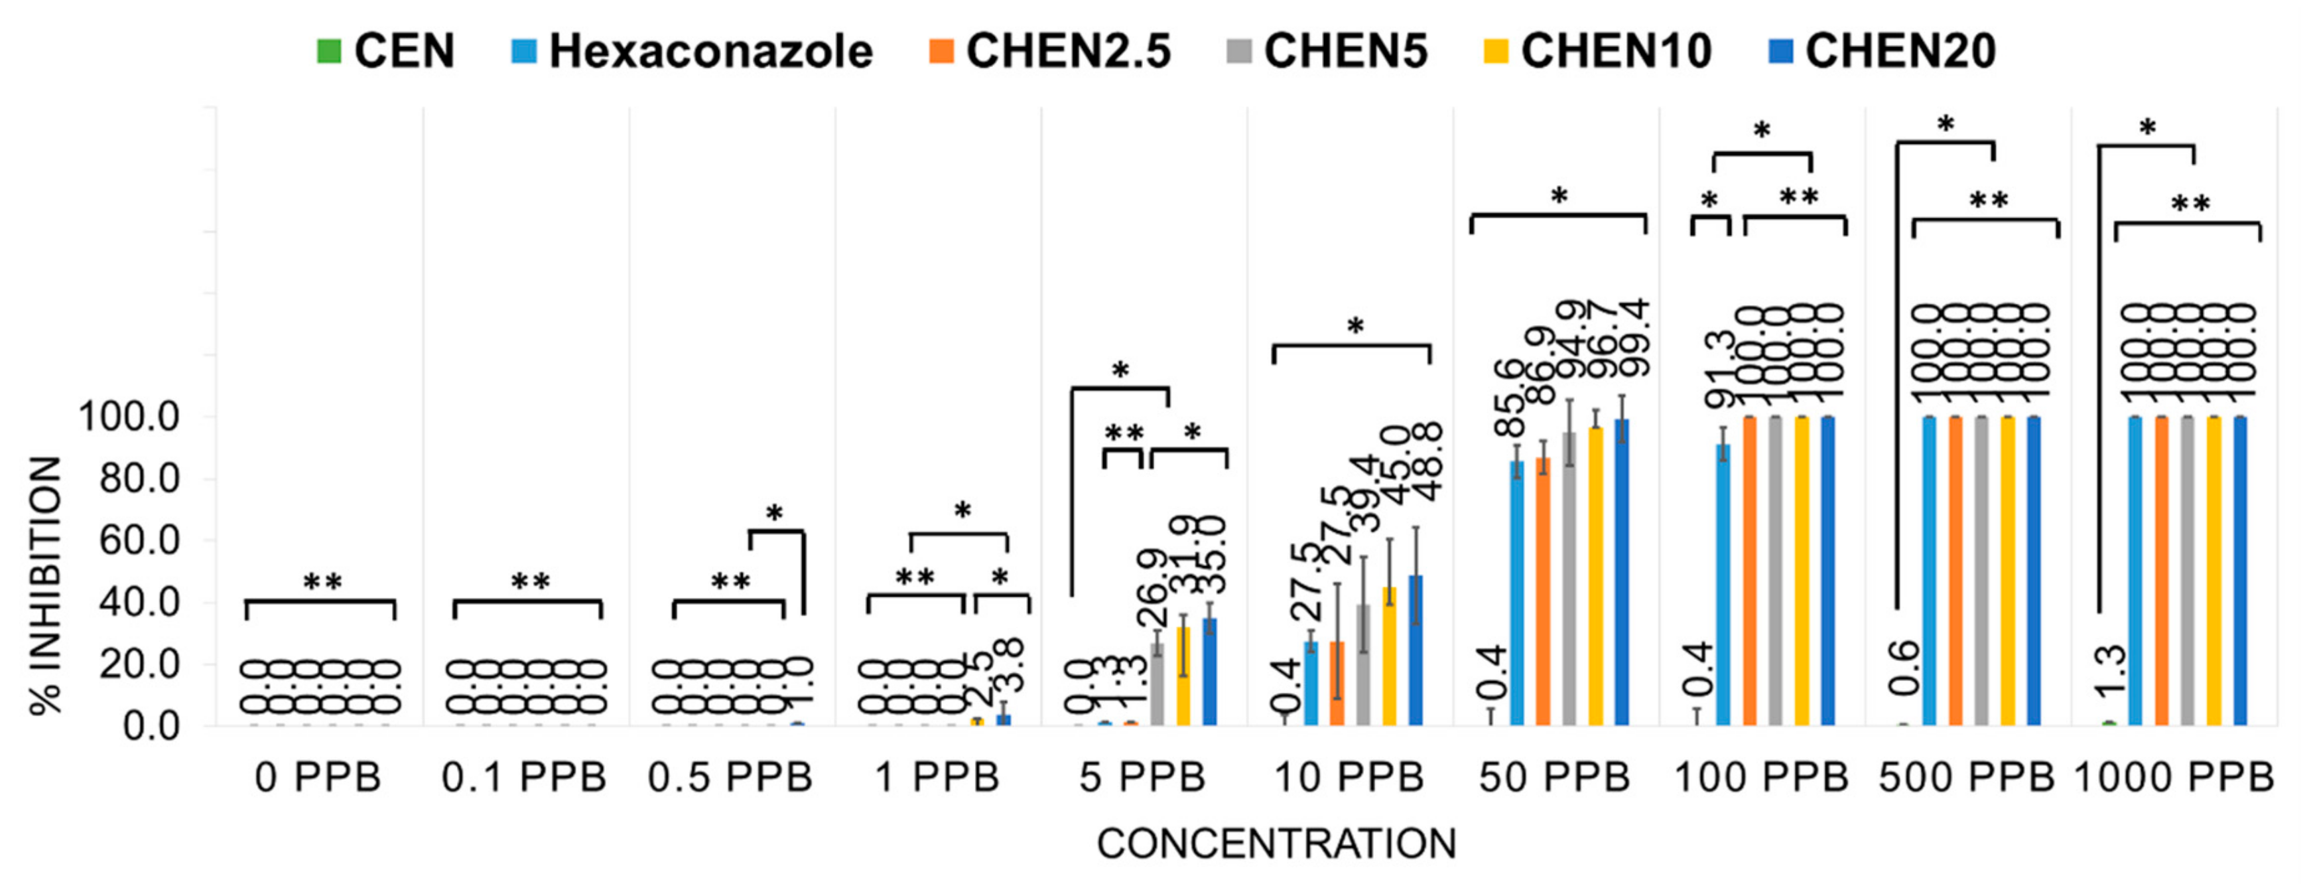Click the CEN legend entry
(x=387, y=50)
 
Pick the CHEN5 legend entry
(x=1329, y=50)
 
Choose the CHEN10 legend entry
(x=1599, y=50)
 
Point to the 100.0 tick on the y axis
(x=129, y=417)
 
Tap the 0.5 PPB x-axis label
(x=730, y=777)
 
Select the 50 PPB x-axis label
(x=1555, y=777)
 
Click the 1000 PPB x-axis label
(x=2174, y=777)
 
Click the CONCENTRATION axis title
(x=1277, y=844)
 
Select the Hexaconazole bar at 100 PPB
(x=1723, y=583)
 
